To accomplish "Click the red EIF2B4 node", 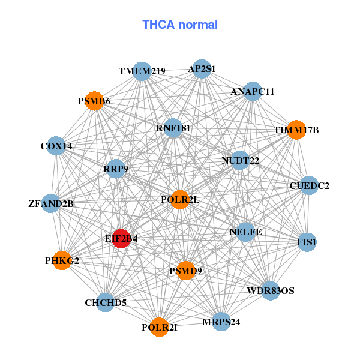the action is (x=121, y=239).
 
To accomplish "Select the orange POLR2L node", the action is (x=180, y=200).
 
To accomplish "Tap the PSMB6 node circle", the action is (x=94, y=101).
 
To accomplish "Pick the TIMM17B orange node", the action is (x=296, y=130).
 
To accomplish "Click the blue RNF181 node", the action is (x=173, y=128).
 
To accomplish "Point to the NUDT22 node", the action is (x=240, y=160).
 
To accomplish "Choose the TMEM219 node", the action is (x=142, y=71).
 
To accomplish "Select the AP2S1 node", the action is (x=202, y=69).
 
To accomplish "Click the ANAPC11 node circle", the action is (x=253, y=91).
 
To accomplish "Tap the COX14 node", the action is (x=56, y=146).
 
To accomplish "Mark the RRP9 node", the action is (x=116, y=169).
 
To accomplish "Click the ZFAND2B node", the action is (x=51, y=203).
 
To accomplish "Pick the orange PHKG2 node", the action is (x=62, y=260).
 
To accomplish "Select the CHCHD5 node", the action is (x=106, y=302).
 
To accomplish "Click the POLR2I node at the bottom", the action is (x=160, y=327).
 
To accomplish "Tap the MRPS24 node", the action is (x=221, y=322).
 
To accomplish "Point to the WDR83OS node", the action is (x=271, y=290).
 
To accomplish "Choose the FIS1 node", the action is (x=307, y=242).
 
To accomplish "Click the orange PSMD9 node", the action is (x=185, y=271).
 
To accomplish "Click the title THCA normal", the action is (x=180, y=25).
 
